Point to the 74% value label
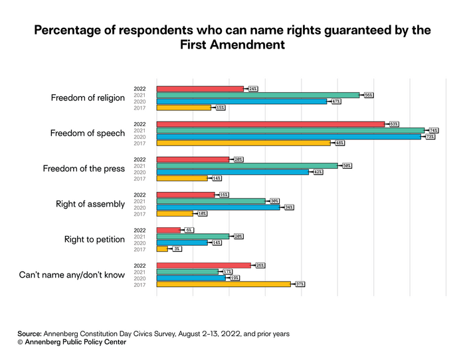pos(434,130)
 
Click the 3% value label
pos(177,248)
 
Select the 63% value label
pos(394,124)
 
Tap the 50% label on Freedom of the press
pos(347,165)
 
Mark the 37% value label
pos(300,284)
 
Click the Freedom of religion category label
pos(88,98)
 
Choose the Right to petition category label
pos(94,239)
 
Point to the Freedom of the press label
pos(84,169)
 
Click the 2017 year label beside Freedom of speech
pos(139,143)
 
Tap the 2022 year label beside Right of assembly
pos(139,194)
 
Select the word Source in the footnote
pos(29,333)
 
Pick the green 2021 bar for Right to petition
pos(193,236)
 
